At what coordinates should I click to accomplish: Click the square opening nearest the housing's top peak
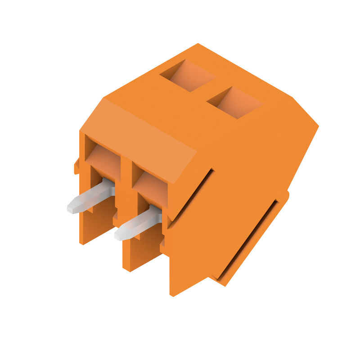pyautogui.click(x=188, y=75)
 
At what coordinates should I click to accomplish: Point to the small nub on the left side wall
pyautogui.click(x=77, y=167)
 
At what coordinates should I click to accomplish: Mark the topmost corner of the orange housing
pyautogui.click(x=198, y=44)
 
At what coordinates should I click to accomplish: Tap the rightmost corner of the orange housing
pyautogui.click(x=318, y=126)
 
